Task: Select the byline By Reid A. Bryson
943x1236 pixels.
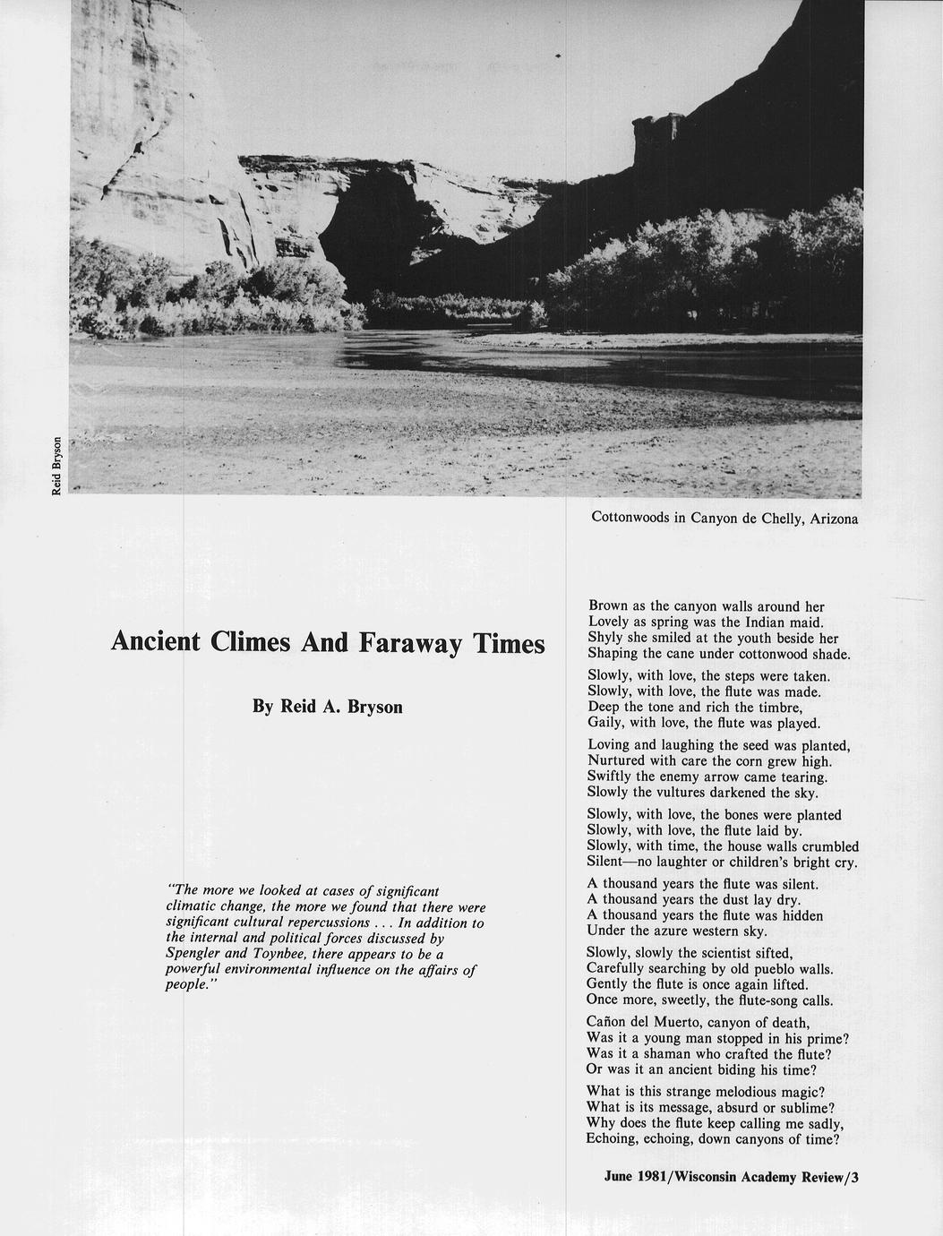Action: [328, 707]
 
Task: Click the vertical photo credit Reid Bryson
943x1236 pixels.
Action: [56, 466]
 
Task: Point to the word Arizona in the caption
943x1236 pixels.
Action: [834, 518]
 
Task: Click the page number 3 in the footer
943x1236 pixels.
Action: [855, 1178]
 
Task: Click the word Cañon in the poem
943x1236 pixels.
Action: [609, 1023]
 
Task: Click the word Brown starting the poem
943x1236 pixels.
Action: [609, 606]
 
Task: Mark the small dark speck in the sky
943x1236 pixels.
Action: [558, 56]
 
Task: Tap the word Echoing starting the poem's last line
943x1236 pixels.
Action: [616, 1139]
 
